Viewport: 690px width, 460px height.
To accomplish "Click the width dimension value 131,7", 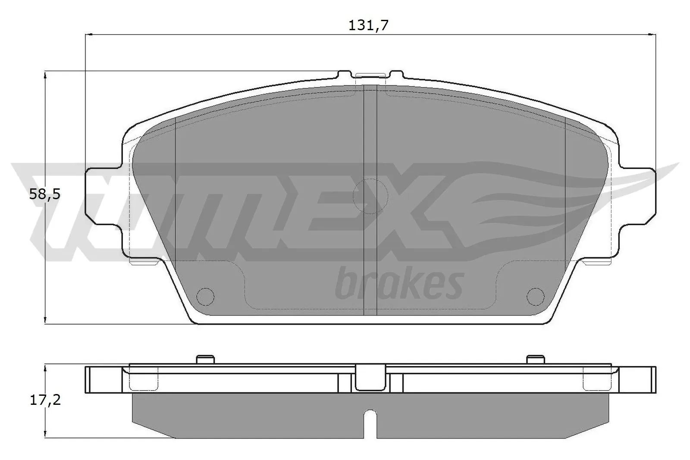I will coord(368,25).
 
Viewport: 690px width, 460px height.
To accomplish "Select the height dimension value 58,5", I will coord(45,194).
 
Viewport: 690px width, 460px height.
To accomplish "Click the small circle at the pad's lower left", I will coord(205,295).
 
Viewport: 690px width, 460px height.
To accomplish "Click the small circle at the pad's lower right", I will coord(536,295).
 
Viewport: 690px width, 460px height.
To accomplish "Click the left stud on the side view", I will coord(205,359).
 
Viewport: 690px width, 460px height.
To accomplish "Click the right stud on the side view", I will coord(536,359).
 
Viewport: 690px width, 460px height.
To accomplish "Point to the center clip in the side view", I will coord(370,377).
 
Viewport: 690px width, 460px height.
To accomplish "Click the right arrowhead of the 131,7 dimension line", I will coord(652,34).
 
